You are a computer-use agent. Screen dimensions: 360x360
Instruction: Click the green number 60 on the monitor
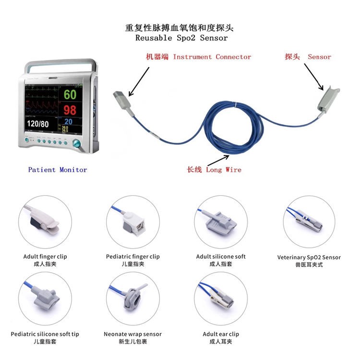70,94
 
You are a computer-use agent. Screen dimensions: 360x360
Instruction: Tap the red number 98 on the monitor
70,109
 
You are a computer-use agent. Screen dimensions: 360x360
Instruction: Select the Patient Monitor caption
58,169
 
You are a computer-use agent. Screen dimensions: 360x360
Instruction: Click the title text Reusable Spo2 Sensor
181,37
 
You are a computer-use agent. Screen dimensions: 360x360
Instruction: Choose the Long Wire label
214,169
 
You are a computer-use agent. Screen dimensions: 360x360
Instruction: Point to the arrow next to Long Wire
218,159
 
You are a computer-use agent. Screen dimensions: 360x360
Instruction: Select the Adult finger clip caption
45,257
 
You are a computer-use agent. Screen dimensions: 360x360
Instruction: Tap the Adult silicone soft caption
221,257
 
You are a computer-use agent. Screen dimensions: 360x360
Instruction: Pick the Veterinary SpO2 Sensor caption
309,257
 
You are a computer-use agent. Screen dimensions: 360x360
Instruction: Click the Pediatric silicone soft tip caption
45,334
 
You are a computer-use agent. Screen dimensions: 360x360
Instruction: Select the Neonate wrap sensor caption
132,334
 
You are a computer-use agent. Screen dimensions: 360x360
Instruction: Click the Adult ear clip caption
221,334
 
